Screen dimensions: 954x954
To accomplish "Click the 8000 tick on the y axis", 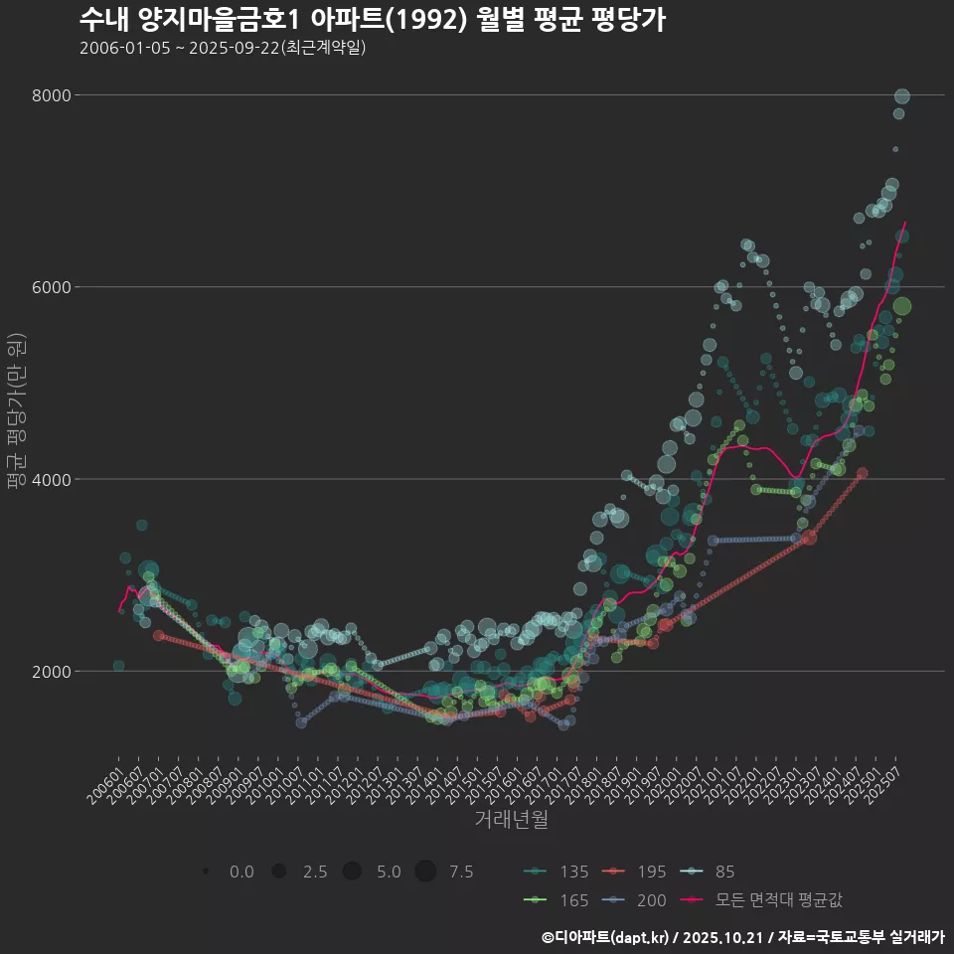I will coord(53,95).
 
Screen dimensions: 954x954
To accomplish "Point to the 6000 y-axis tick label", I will coord(53,287).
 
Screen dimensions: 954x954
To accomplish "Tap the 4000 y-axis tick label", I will coord(53,479).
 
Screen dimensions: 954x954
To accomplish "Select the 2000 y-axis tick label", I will coord(53,671).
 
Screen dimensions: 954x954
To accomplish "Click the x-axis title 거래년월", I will coord(511,820).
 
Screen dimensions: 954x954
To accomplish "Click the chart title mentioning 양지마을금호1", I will coord(373,19).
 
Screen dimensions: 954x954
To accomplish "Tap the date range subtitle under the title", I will coord(223,48).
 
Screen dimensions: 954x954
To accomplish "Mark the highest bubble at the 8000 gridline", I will coord(902,96).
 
